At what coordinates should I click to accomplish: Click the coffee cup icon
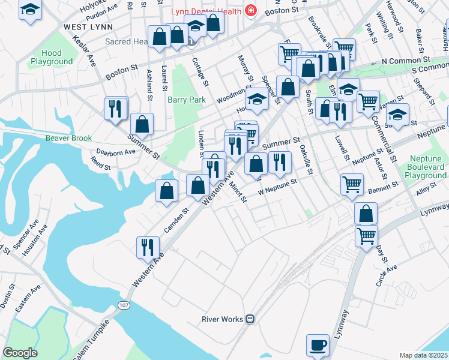coord(318,345)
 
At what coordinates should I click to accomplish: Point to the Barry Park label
coord(187,100)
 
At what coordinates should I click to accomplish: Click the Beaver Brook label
coord(68,137)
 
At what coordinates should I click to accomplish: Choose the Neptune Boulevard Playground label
coord(426,167)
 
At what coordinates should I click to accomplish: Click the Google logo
coord(20,353)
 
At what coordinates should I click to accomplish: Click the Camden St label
coord(177,219)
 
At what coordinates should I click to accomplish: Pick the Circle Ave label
coord(387,275)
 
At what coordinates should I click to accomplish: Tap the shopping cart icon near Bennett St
coord(352,184)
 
